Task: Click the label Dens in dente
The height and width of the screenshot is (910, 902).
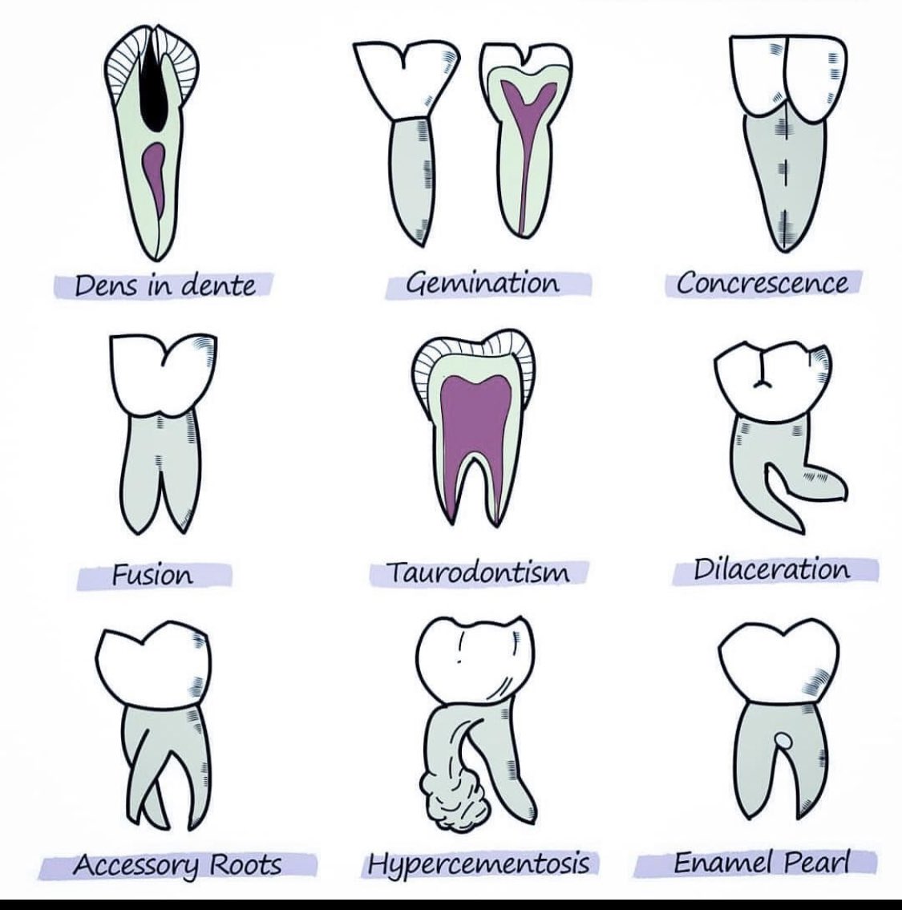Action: (164, 285)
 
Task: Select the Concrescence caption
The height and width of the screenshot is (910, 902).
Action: (761, 283)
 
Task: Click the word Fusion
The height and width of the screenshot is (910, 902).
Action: (152, 574)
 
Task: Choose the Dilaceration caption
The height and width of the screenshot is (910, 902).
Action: (771, 569)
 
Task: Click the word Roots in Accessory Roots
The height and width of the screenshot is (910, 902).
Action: (245, 864)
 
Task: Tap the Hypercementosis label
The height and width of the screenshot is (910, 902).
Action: (479, 863)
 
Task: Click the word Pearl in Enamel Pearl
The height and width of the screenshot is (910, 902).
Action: (809, 862)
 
